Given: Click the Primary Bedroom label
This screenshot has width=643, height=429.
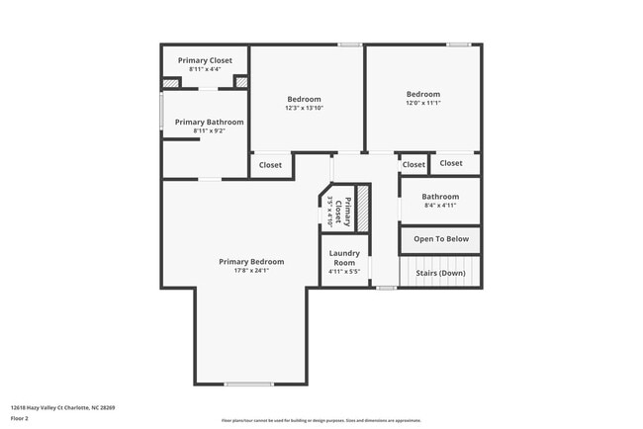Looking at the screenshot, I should [251, 262].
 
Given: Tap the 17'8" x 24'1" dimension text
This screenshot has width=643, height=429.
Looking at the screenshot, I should [251, 271].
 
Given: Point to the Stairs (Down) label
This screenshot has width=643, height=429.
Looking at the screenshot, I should [440, 273].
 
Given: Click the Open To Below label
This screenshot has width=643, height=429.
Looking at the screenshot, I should [440, 239].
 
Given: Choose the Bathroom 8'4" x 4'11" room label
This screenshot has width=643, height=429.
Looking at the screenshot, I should [440, 197].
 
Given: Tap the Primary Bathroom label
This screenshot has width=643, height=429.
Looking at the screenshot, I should [203, 123].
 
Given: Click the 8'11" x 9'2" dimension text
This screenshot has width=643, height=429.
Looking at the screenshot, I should [203, 131].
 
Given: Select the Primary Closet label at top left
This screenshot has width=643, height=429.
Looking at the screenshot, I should [205, 60].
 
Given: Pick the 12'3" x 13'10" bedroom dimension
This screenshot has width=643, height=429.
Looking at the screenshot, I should [304, 108].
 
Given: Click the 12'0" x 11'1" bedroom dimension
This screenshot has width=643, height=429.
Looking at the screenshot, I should [422, 103].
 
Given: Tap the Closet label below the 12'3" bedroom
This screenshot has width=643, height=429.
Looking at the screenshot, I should [270, 165].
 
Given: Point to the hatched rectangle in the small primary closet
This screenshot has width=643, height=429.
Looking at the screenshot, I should [362, 209].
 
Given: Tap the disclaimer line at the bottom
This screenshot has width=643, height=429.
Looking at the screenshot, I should [321, 420].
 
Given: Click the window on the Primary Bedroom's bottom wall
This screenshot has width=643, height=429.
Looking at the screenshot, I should [248, 384].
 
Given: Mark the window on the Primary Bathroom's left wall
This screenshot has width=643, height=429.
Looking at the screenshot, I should [162, 111].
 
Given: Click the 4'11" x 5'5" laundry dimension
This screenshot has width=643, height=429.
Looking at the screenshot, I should [343, 271].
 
